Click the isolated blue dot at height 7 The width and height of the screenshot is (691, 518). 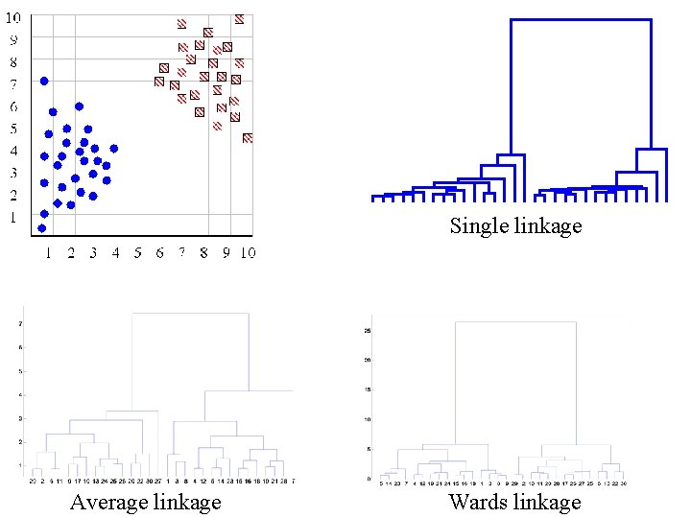pos(44,81)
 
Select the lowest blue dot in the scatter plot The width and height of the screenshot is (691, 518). pos(41,228)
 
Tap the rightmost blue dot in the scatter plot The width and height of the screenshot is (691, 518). pos(114,149)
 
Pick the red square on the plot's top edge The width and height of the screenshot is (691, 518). pos(239,18)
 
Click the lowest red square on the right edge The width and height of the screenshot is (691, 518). pos(248,138)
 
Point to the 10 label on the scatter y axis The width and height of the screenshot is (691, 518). pos(16,18)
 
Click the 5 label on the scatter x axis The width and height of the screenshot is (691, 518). pos(137,253)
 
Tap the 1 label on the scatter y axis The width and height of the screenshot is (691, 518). pos(13,218)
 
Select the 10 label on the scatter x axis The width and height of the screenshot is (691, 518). pos(247,253)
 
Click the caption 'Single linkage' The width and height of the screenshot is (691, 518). pos(515,226)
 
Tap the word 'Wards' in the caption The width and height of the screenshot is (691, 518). pos(481,502)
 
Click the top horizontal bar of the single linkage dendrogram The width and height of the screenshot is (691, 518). pos(581,19)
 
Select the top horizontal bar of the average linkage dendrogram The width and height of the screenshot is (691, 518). pos(190,314)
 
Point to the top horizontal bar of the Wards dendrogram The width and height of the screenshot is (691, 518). pos(514,322)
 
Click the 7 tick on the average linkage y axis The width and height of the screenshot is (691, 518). pos(22,323)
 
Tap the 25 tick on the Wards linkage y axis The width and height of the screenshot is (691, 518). pos(367,331)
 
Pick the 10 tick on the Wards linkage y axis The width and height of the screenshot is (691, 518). pos(367,419)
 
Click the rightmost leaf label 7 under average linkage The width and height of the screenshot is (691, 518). pos(293,481)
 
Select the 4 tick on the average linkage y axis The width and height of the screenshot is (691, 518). pos(22,394)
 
